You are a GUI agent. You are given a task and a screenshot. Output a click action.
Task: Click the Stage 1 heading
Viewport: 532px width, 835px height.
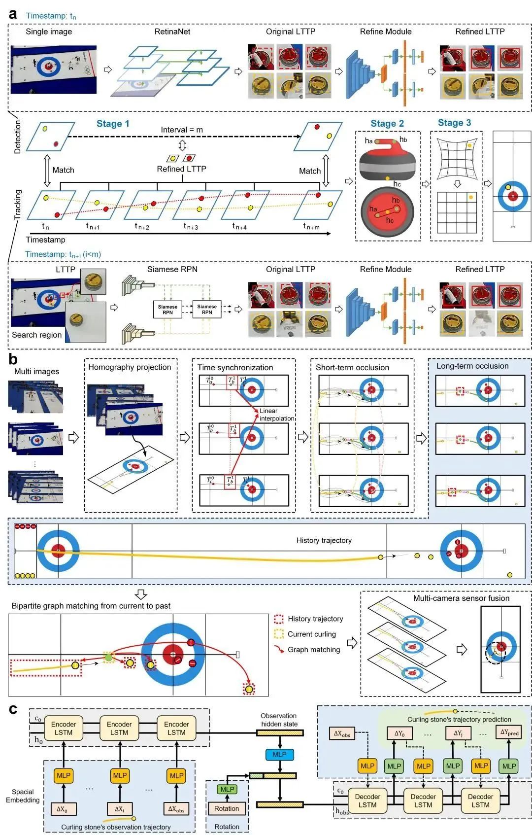(x=113, y=124)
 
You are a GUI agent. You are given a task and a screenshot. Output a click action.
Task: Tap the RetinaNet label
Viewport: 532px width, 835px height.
(x=172, y=32)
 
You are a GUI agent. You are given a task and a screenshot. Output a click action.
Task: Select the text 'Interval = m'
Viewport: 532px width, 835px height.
(x=182, y=130)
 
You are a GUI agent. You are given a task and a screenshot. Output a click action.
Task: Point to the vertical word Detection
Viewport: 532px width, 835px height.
(x=18, y=137)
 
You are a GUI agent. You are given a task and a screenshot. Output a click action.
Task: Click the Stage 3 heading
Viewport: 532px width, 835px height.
(x=454, y=123)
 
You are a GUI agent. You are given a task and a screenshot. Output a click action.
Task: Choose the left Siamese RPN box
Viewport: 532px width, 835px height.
(x=167, y=310)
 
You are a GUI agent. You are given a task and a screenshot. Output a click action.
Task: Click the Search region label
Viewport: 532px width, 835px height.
(x=37, y=335)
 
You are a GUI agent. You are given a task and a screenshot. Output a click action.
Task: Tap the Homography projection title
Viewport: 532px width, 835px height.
(x=130, y=367)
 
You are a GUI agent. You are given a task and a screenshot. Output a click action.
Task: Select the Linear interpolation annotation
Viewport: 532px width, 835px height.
(x=276, y=415)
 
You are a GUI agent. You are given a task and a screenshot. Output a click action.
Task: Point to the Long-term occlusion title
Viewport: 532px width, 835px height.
(x=472, y=366)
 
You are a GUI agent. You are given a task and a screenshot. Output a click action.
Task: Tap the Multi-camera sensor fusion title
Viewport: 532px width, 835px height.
(x=461, y=598)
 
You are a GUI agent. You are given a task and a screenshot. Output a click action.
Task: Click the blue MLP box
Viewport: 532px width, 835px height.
(x=279, y=754)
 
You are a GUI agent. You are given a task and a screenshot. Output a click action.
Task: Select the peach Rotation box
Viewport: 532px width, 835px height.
(x=227, y=808)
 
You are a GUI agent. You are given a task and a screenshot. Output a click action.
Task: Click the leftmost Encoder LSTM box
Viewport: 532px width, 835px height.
(x=64, y=728)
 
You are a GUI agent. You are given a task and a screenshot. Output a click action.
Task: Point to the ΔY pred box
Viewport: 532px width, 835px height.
(x=509, y=732)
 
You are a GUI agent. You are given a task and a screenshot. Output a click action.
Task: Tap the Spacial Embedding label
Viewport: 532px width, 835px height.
(x=23, y=796)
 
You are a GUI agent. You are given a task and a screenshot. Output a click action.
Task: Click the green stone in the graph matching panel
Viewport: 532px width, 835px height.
(x=108, y=657)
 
